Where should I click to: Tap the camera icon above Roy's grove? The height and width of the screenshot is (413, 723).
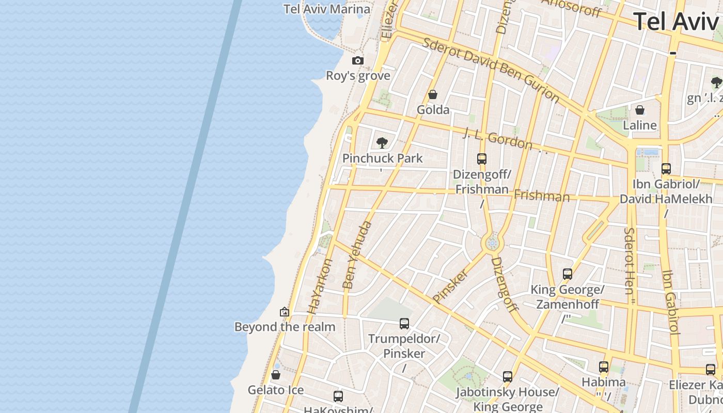point(358,61)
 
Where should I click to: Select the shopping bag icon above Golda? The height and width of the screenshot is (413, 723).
point(433,94)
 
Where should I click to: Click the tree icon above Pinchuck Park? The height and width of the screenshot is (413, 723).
point(382,143)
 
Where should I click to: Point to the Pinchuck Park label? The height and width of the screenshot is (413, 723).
point(383,158)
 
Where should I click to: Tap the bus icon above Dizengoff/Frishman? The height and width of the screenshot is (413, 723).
point(482,159)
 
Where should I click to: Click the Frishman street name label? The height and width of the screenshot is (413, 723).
point(542,196)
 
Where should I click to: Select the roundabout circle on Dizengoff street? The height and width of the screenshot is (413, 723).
point(493,243)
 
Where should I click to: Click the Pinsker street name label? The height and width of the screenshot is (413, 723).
point(450,286)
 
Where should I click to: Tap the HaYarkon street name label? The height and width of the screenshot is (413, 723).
point(320,287)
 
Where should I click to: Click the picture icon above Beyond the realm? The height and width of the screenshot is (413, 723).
point(285,312)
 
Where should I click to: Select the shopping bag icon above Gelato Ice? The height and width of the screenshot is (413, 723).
point(276,375)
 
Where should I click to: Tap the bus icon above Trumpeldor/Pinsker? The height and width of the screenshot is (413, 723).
point(404,324)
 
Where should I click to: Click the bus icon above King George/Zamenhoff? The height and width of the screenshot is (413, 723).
point(568,274)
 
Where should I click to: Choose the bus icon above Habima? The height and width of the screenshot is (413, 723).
point(604,367)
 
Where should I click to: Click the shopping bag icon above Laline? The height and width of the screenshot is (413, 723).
point(640,110)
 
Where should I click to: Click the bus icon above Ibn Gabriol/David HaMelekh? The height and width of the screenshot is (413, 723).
point(666,168)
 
